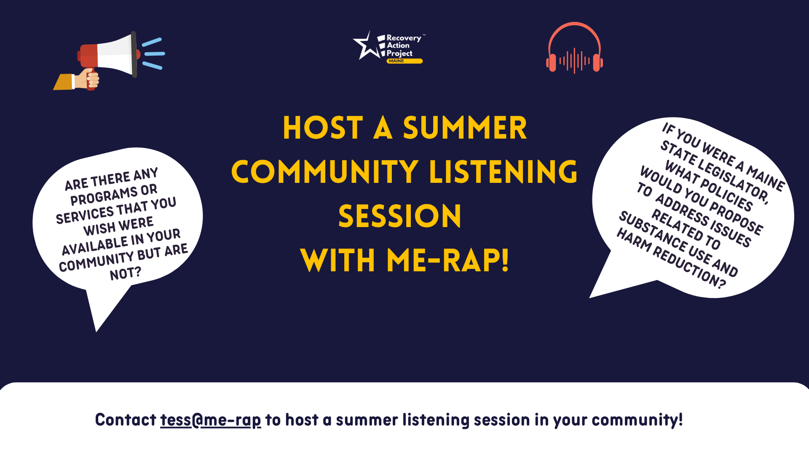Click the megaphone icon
point(109,59)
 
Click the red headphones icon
point(574,48)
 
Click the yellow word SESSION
point(400,216)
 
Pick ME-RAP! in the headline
point(447,260)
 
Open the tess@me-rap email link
point(210,420)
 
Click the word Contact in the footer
point(126,420)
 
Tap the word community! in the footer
point(637,420)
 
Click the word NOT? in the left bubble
point(126,273)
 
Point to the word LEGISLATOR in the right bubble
point(734,181)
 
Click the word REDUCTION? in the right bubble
point(690,268)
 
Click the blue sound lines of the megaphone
point(153,54)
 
